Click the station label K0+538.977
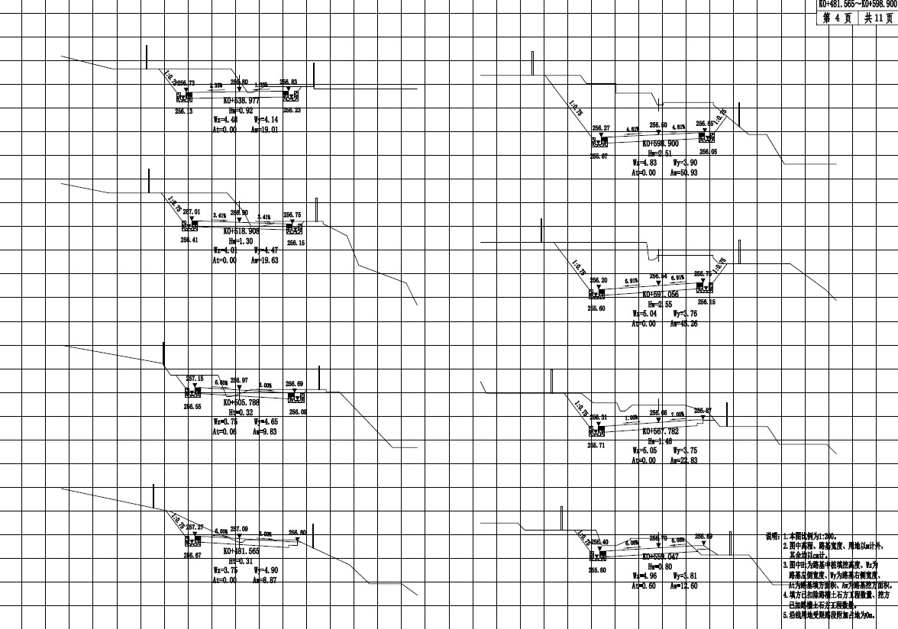pyautogui.click(x=241, y=100)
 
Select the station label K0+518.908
pyautogui.click(x=241, y=230)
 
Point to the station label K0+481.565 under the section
pyautogui.click(x=241, y=550)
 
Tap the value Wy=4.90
pyautogui.click(x=266, y=569)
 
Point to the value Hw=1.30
pyautogui.click(x=240, y=240)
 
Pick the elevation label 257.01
pyautogui.click(x=192, y=211)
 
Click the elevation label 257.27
pyautogui.click(x=195, y=527)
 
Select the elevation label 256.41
pyautogui.click(x=189, y=240)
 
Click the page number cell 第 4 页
pyautogui.click(x=838, y=18)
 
